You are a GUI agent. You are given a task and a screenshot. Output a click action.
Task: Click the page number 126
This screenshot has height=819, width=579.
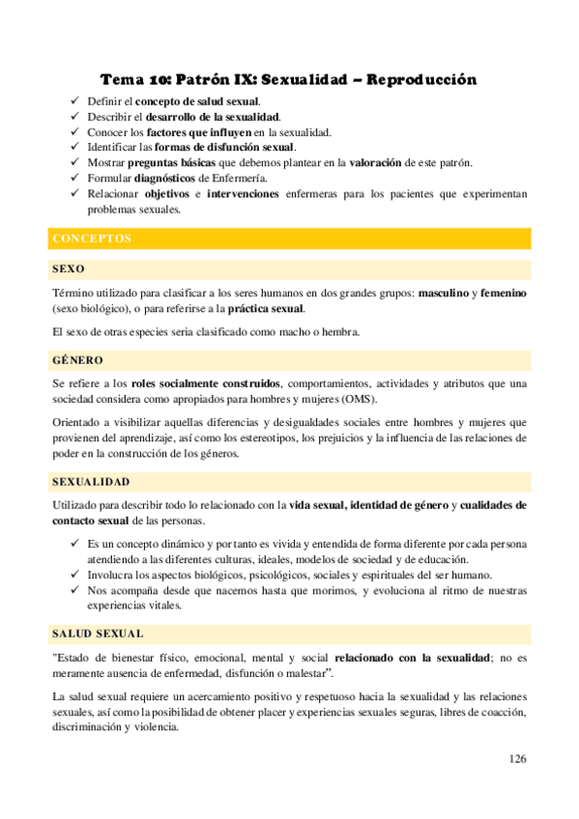517,758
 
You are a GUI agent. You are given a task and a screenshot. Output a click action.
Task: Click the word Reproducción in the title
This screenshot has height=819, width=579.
422,79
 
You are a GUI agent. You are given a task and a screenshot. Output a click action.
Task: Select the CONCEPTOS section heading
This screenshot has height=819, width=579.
92,238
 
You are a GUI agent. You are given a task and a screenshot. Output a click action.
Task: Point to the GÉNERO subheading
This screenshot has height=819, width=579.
77,360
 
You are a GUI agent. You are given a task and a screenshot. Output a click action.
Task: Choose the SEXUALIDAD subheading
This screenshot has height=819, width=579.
92,481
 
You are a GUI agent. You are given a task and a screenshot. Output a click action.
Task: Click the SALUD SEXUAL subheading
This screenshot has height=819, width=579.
98,634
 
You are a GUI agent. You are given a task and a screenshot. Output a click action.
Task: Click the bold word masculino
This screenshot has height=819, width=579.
446,292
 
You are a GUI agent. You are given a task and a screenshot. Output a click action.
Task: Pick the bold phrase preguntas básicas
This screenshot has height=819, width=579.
173,162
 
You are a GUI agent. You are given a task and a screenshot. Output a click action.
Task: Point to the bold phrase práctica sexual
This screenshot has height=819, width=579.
266,309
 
